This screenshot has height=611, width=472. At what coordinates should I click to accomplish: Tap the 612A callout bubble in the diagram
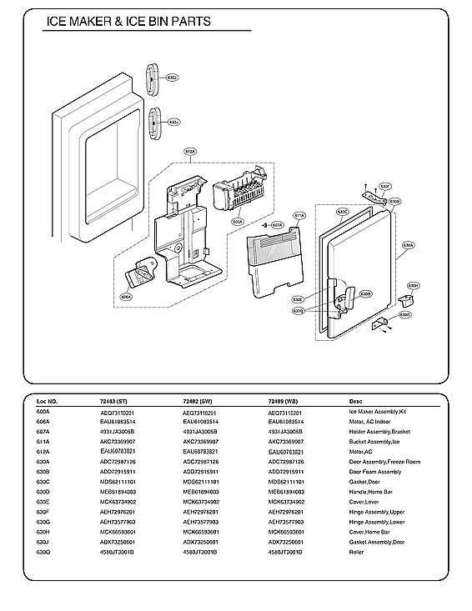coord(190,153)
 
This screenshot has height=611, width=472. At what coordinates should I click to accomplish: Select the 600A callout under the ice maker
coord(238,223)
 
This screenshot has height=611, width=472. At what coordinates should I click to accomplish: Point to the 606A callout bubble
coord(126,296)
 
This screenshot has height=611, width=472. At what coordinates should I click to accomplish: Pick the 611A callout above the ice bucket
coord(299,215)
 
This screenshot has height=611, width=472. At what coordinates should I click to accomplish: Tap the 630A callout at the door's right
coord(408,246)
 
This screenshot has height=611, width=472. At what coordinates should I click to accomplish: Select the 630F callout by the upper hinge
coord(385,186)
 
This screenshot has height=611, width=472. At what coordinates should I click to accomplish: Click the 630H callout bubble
coord(412,285)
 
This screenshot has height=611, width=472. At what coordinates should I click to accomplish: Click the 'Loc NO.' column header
coord(47,401)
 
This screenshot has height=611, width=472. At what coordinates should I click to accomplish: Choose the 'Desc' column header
coord(356,401)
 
